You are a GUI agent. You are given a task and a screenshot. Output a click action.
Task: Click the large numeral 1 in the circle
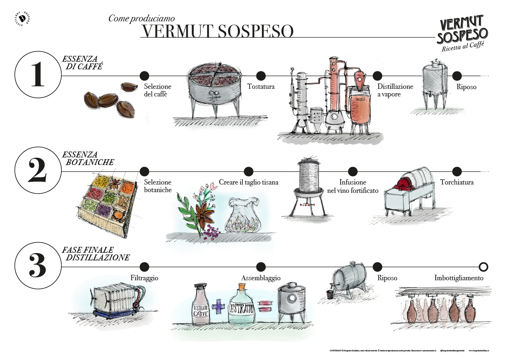coord(38,74)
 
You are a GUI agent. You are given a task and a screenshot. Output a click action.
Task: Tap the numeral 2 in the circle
coord(38,170)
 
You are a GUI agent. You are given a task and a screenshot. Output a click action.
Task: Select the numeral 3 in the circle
coord(38,266)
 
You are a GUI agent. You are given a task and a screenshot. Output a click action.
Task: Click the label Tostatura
coord(261,87)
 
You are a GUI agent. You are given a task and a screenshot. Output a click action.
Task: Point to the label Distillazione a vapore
coord(395,90)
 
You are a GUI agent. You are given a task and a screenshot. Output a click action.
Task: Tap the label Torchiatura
coord(457,182)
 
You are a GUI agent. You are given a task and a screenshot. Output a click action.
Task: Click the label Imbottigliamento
coord(459,278)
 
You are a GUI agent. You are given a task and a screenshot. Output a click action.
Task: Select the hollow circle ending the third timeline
coord(483,267)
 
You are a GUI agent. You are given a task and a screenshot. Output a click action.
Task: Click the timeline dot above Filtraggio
coord(144,267)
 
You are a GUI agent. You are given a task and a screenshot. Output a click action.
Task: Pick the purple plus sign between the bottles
coord(218,307)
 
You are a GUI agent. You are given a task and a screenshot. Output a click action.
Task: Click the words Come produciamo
coord(141,18)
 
